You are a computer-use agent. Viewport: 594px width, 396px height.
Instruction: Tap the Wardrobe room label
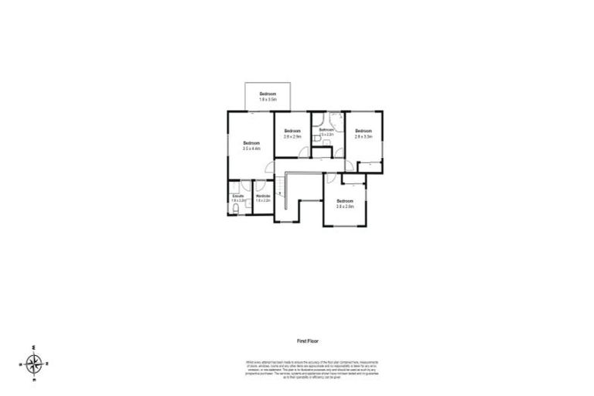[263, 196]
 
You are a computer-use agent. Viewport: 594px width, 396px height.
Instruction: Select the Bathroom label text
[326, 130]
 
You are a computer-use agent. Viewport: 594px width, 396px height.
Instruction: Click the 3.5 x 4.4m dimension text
[251, 148]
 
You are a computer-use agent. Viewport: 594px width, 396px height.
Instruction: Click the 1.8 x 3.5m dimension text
[268, 100]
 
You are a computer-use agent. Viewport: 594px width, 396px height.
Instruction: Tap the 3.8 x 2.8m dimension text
[344, 206]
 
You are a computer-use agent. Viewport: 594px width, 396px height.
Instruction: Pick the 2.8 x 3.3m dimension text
[364, 136]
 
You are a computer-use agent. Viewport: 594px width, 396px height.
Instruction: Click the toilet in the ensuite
[235, 209]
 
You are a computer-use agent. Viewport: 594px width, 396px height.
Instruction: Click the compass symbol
[34, 362]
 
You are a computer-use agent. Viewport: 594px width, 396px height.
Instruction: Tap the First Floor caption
[308, 340]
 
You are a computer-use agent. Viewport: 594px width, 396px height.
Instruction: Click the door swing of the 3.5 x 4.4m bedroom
[268, 168]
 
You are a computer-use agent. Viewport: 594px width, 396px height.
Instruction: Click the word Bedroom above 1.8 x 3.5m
[268, 94]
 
